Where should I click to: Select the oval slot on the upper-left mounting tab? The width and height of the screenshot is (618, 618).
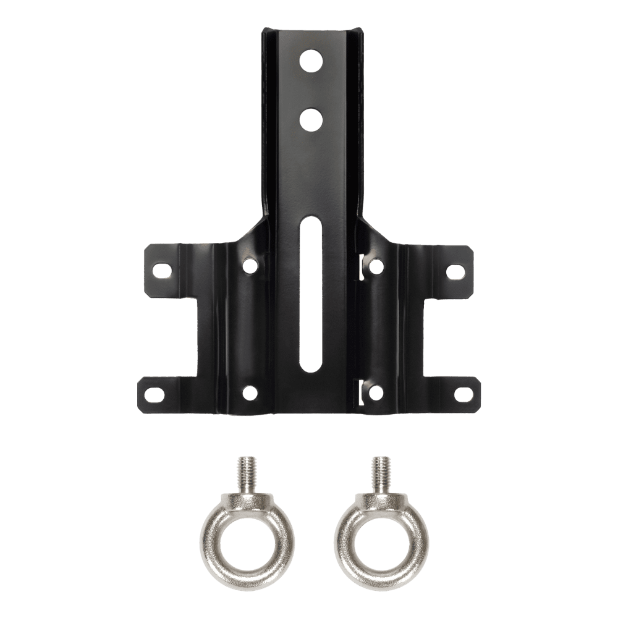point(163,271)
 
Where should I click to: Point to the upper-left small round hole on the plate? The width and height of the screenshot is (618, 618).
point(249,266)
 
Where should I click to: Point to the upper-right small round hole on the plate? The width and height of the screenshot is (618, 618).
point(375,266)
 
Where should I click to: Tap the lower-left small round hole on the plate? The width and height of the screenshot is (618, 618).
point(249,391)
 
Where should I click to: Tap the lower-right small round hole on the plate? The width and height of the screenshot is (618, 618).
point(375,391)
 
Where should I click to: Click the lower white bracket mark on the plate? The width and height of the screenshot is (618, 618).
point(360,392)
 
